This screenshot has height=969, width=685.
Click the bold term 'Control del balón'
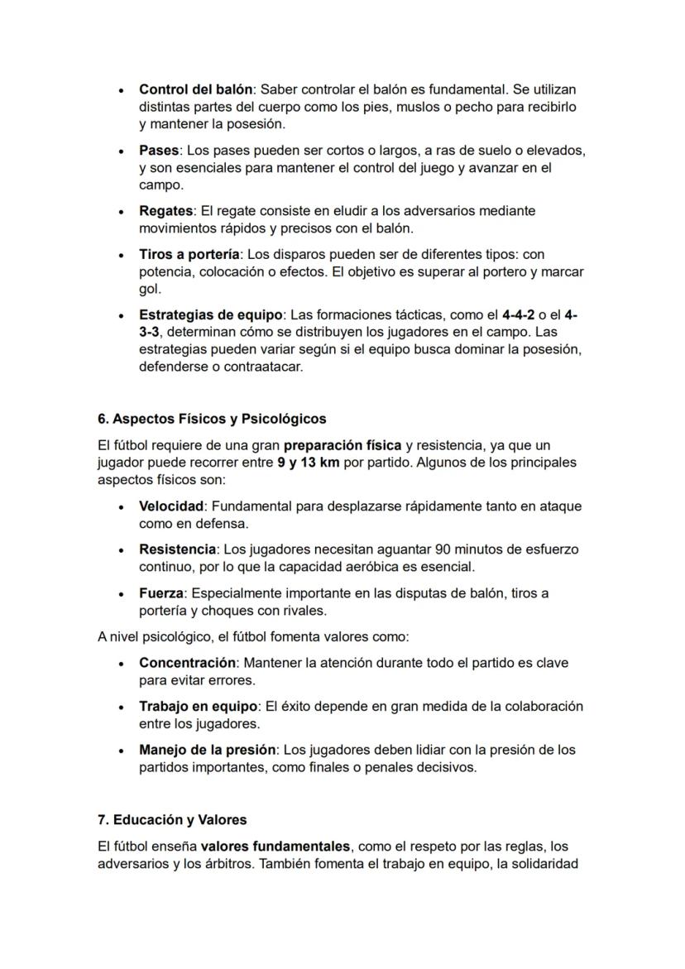tap(195, 89)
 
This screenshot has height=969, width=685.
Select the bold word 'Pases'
tap(159, 151)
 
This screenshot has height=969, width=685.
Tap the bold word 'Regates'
tap(165, 211)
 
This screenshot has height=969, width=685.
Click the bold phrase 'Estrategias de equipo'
tap(211, 315)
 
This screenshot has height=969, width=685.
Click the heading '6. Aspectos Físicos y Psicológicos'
tap(212, 419)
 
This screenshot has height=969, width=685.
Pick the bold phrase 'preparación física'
tap(342, 445)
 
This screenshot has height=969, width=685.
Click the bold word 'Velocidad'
tap(170, 506)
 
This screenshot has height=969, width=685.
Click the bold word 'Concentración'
tap(187, 663)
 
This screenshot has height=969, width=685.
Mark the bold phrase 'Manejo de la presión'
tap(207, 750)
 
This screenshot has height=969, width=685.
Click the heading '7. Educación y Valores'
tap(172, 820)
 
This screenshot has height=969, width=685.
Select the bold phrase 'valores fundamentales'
tap(276, 847)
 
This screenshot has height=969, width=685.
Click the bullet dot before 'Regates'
tap(122, 212)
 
